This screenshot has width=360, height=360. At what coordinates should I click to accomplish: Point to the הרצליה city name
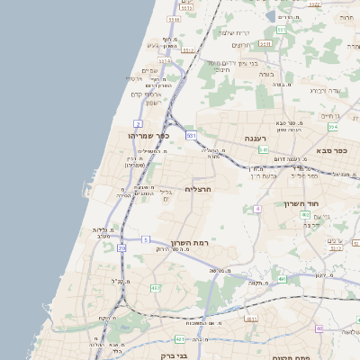coord(197,189)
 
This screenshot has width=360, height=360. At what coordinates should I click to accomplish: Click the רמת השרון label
coord(190,244)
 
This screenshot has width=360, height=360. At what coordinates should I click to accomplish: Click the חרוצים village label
coord(241,45)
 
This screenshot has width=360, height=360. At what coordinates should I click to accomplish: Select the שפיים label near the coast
coord(149,71)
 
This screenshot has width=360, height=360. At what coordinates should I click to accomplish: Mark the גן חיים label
coord(330,116)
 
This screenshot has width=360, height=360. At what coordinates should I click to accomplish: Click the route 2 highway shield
coord(138,122)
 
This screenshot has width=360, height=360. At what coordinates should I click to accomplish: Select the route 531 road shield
coord(190,135)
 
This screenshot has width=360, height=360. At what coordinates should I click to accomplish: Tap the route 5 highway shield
coord(145,239)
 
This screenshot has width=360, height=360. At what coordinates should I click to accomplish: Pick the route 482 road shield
coord(155,288)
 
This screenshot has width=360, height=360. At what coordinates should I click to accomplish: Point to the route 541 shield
coord(263,149)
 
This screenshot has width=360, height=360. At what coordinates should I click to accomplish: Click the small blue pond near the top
coord(271,15)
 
